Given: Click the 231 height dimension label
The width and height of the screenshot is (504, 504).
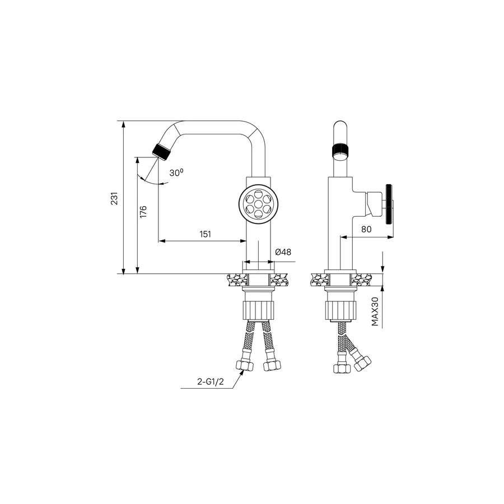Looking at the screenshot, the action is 114,198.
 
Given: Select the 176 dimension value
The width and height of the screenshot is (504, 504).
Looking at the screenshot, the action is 143,212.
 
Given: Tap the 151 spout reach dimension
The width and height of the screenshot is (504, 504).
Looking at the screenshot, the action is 206,234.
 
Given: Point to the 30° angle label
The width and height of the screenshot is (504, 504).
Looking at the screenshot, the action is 176,172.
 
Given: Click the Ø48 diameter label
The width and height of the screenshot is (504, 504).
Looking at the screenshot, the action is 283,252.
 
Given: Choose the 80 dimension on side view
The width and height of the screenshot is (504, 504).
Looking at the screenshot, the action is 366,229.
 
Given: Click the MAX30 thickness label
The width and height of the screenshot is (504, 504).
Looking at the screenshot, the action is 375,311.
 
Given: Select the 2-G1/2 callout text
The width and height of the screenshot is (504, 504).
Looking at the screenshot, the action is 210,382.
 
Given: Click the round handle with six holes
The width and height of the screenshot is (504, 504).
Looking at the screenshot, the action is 258,204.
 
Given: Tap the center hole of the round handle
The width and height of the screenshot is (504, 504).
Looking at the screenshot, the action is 258,204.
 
